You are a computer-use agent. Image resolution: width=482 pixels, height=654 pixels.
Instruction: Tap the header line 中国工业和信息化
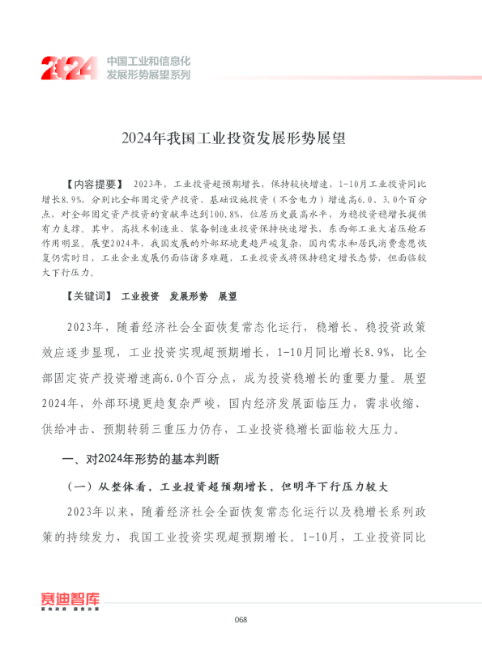coord(148,61)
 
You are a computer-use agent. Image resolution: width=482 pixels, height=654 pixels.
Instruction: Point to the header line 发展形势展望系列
coord(148,74)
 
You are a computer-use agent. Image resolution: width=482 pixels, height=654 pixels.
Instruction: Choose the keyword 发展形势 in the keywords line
coord(189,297)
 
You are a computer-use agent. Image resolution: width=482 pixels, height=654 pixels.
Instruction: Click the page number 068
coord(241,620)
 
